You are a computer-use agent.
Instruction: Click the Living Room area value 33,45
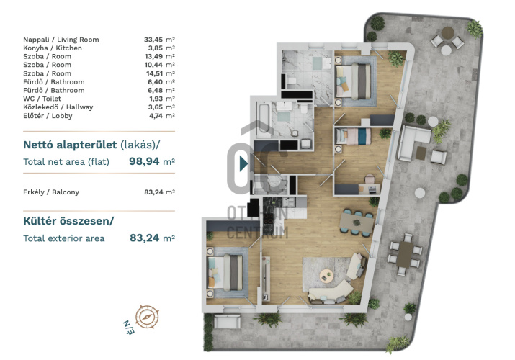153,40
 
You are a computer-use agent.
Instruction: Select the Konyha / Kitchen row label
53,48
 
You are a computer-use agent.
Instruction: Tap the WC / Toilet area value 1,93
156,99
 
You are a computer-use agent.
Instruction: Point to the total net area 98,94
144,161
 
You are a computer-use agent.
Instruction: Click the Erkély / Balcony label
51,192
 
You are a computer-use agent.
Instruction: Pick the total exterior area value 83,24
145,238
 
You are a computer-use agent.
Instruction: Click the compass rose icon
147,317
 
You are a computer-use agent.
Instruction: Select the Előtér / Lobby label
48,116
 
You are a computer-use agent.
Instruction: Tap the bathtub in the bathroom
264,119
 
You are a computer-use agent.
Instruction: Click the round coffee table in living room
326,275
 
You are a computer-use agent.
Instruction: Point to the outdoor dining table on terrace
406,254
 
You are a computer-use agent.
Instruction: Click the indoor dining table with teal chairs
357,222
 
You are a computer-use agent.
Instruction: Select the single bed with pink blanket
353,136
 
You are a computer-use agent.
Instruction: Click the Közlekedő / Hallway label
58,107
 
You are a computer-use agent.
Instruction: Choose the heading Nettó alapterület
70,145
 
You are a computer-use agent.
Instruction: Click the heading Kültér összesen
68,221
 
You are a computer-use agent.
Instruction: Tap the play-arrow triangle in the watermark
243,163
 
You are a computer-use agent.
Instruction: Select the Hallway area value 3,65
156,107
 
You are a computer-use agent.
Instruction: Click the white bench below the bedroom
227,322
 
